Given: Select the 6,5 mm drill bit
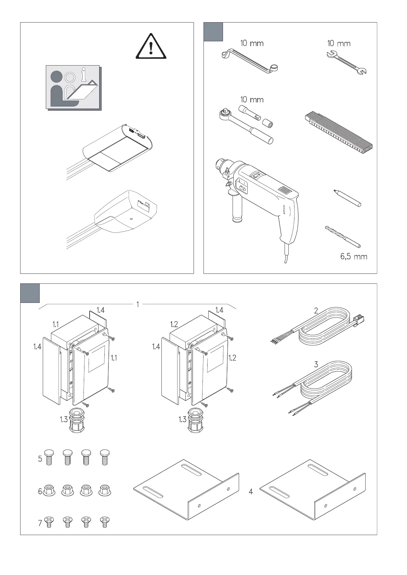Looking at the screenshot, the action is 343,236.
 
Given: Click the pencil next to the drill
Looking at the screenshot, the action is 347,198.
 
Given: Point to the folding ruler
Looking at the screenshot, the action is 339,131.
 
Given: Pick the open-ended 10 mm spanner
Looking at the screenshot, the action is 346,63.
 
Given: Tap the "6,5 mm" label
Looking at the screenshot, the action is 354,256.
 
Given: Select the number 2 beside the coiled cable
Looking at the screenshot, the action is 316,311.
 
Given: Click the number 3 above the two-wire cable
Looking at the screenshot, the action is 316,364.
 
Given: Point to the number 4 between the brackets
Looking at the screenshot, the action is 251,492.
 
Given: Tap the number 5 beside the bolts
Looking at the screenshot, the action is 40,459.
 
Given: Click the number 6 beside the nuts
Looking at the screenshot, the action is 40,491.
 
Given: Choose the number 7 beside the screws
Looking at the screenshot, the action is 40,523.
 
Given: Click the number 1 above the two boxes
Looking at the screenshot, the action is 137,304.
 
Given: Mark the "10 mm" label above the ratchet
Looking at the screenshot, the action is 252,100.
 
